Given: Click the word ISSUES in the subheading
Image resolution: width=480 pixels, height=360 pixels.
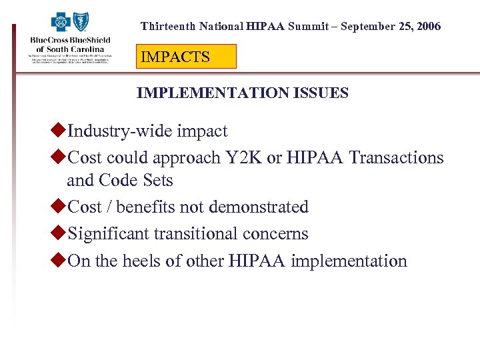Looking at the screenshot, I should pyautogui.click(x=321, y=93).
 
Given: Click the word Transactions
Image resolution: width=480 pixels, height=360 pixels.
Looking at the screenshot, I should pyautogui.click(x=397, y=158).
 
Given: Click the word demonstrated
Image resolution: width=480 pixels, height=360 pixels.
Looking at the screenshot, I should pyautogui.click(x=259, y=207).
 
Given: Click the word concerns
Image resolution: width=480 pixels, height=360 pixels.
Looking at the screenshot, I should pyautogui.click(x=277, y=234).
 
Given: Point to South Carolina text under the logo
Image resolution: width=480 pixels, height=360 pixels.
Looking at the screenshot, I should pyautogui.click(x=71, y=49).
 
